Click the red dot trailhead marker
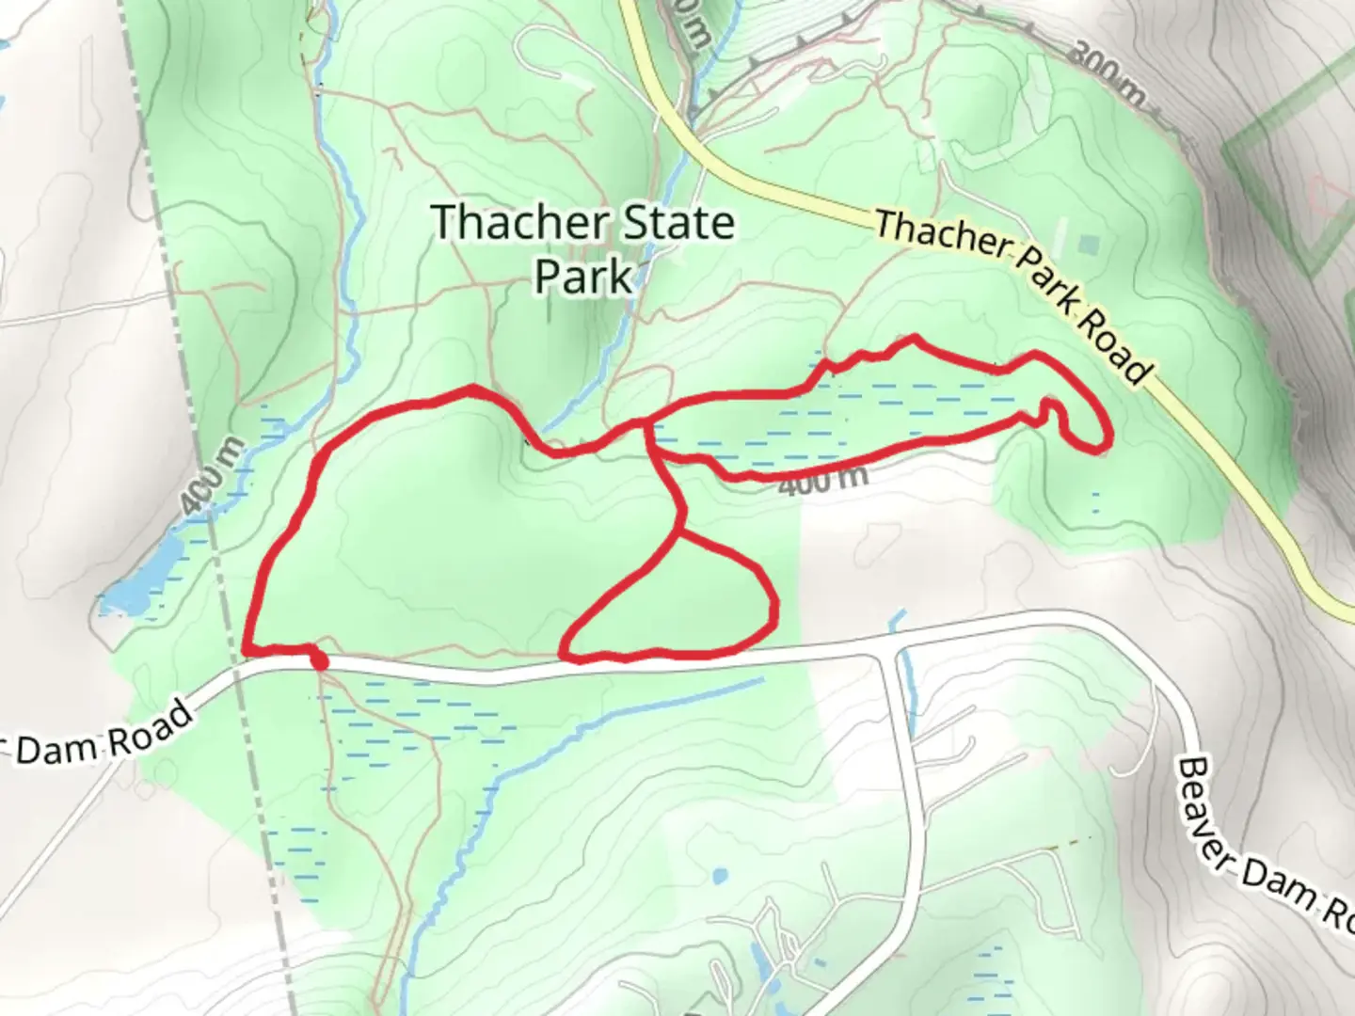pos(319,661)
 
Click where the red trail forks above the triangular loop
pos(678,532)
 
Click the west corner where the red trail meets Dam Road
pos(246,650)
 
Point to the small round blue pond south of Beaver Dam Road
pos(720,877)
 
